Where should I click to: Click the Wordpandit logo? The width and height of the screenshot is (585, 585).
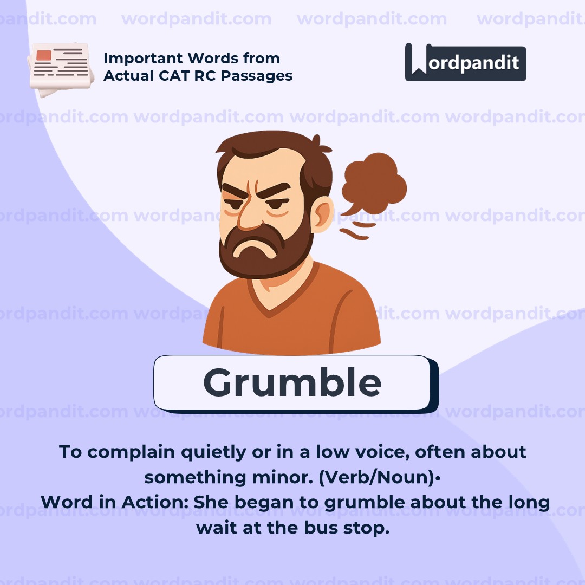click(x=465, y=62)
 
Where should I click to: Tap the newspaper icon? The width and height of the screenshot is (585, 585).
click(x=59, y=69)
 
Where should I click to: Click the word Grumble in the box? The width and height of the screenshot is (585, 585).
click(x=292, y=382)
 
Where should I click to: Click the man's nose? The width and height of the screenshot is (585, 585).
click(x=251, y=214)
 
